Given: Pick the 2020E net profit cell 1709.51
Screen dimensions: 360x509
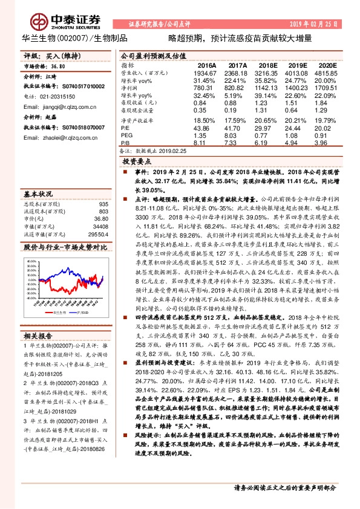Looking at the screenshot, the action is [324, 87].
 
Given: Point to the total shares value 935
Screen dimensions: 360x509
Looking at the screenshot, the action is [103, 204].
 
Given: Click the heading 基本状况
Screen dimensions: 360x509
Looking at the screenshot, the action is [38, 195].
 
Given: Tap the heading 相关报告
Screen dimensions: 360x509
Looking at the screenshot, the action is [38, 335].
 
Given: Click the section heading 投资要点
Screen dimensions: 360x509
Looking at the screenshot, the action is [137, 162].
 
